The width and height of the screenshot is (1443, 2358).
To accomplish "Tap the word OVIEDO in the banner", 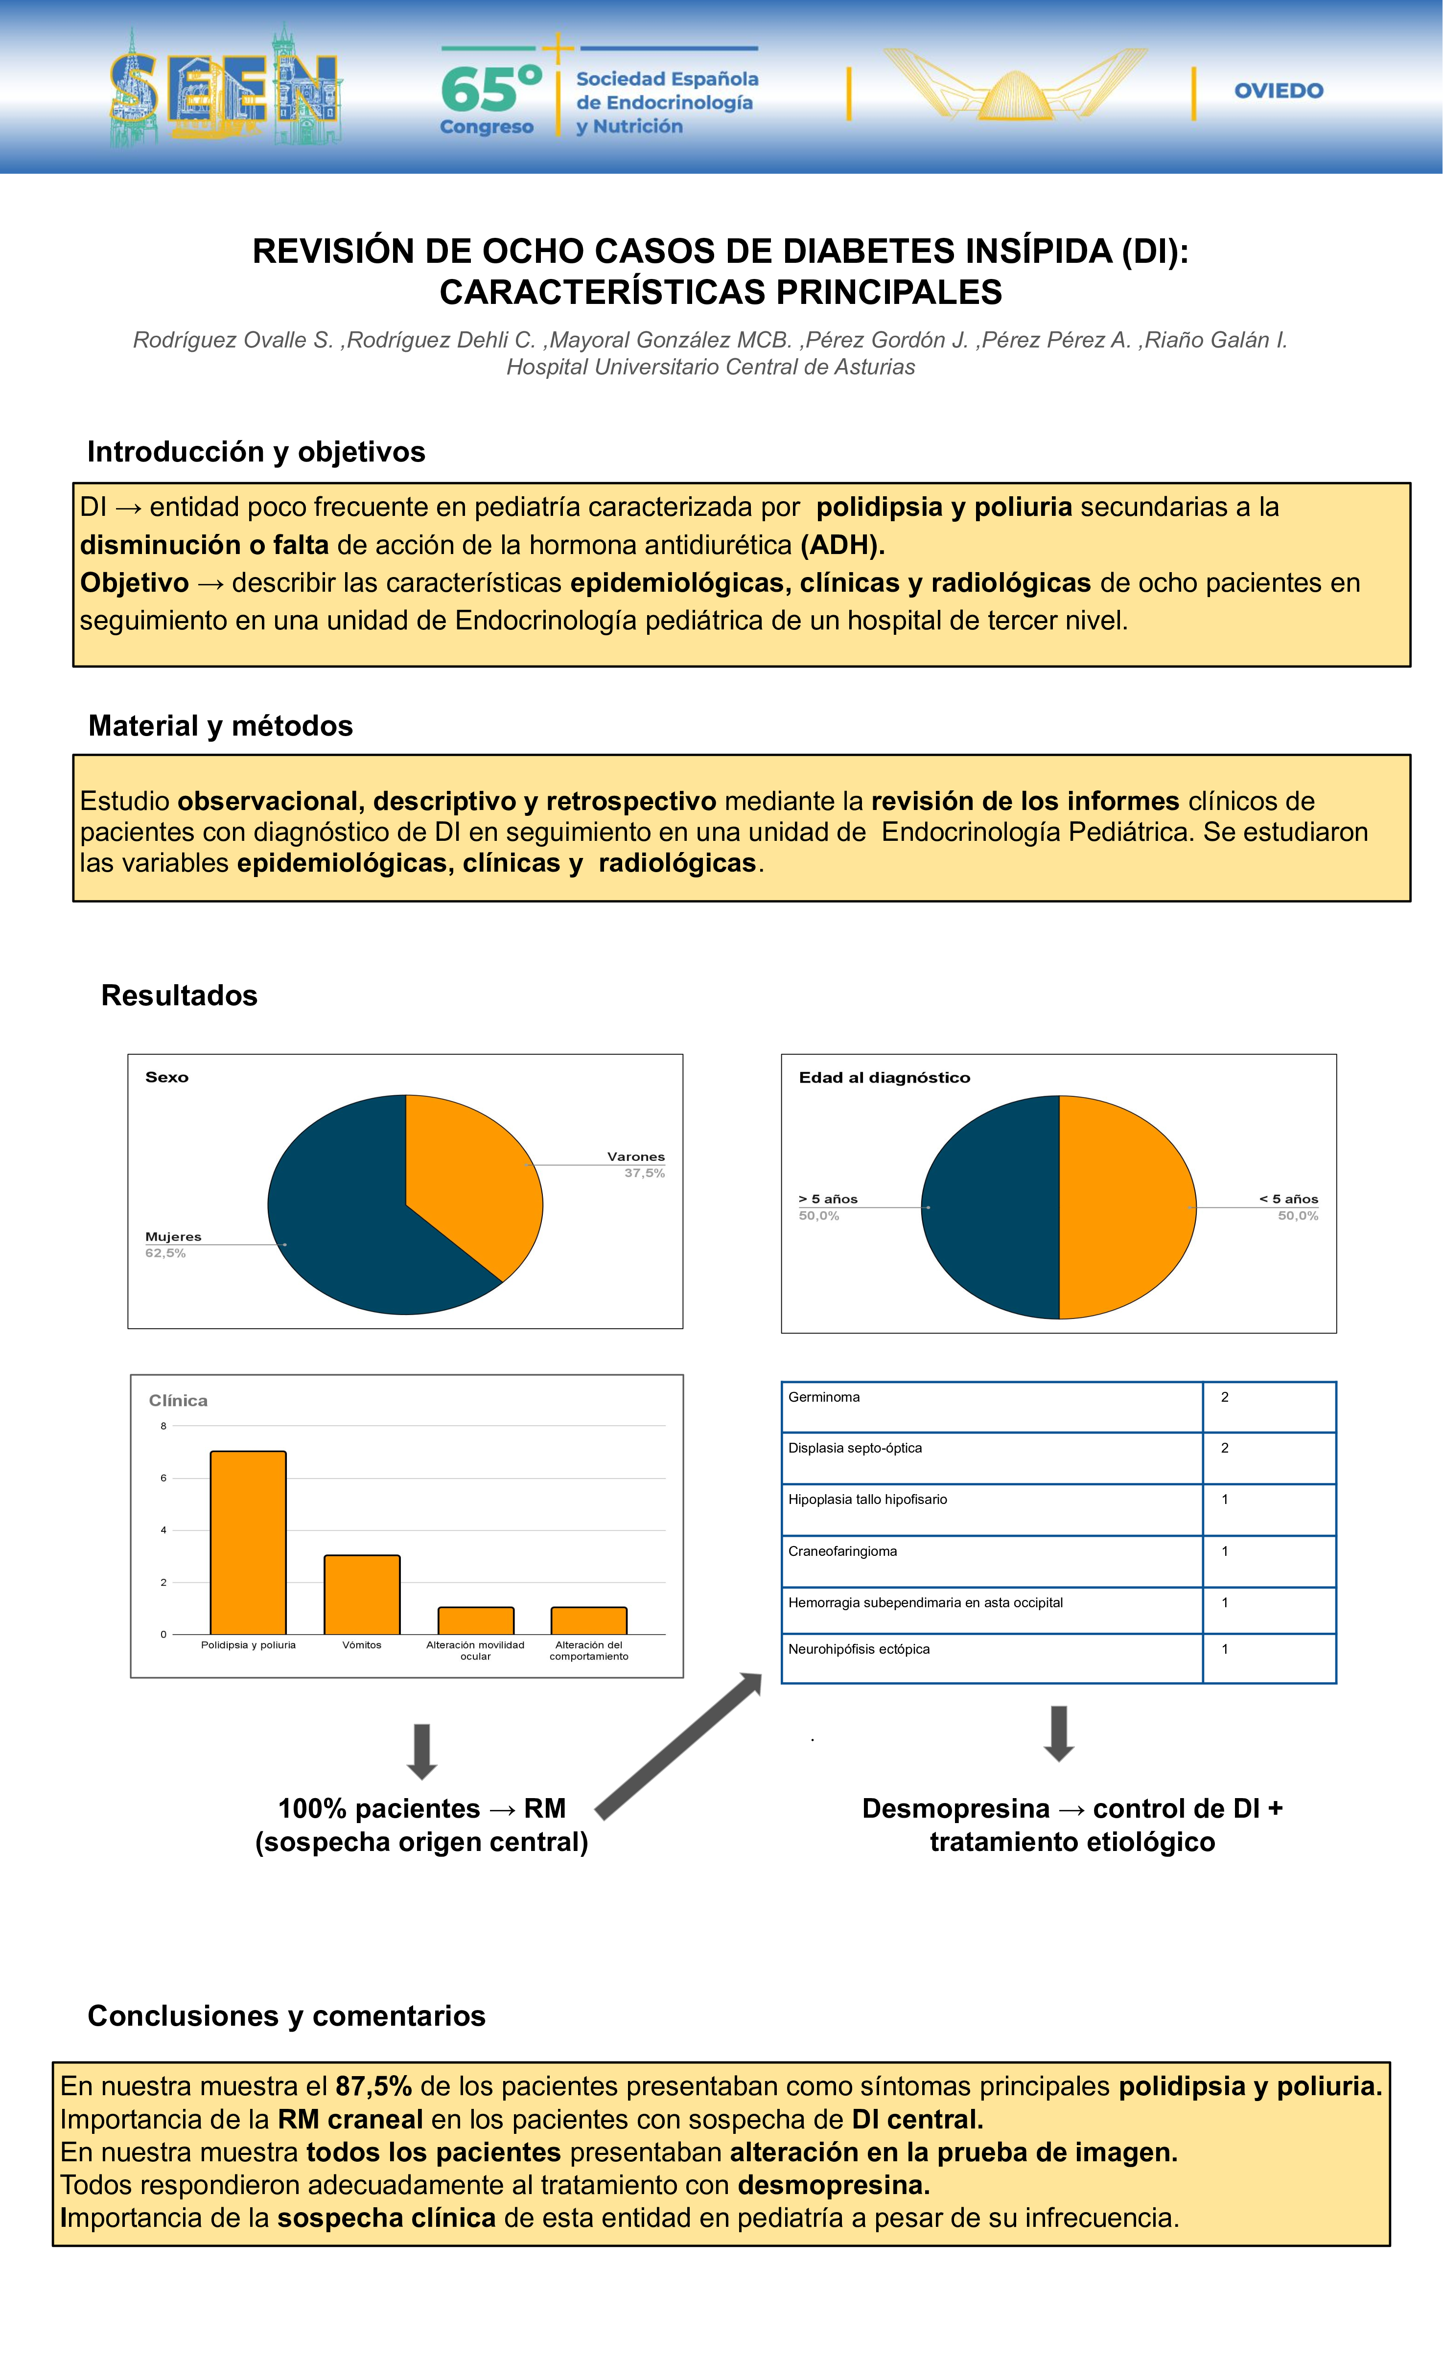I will [x=1279, y=91].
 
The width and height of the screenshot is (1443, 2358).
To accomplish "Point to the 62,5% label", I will [x=165, y=1253].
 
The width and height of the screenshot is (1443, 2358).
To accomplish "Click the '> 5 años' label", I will [x=828, y=1199].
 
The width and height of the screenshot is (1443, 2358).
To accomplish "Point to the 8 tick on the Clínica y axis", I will [x=163, y=1426].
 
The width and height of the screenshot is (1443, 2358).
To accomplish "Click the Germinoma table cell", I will [x=990, y=1406].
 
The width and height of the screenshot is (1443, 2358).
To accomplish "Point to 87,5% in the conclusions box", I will [x=373, y=2086].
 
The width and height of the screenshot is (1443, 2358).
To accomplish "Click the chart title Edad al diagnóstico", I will [x=884, y=1078].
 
